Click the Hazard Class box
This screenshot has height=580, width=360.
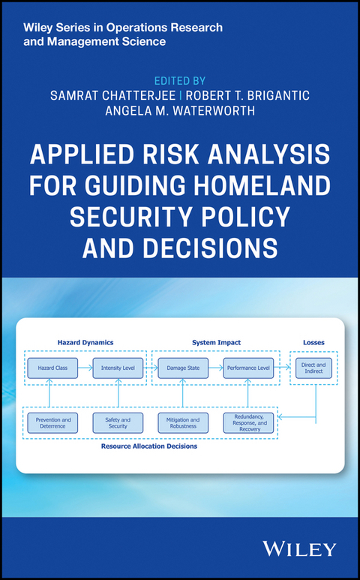point(52,368)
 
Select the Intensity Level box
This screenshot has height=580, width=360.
point(118,368)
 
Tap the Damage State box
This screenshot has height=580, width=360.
point(182,368)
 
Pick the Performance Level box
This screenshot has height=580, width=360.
point(248,368)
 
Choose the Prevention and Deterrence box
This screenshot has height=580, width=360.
point(52,422)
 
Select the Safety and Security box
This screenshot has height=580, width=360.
point(118,422)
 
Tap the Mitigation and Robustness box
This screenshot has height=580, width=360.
point(182,422)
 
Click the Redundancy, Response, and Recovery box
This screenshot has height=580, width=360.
point(248,422)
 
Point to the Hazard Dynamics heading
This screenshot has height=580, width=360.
point(86,342)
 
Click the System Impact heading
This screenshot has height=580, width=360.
point(215,342)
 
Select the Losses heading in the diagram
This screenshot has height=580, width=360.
point(314,342)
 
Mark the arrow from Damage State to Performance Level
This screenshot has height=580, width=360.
point(215,368)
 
